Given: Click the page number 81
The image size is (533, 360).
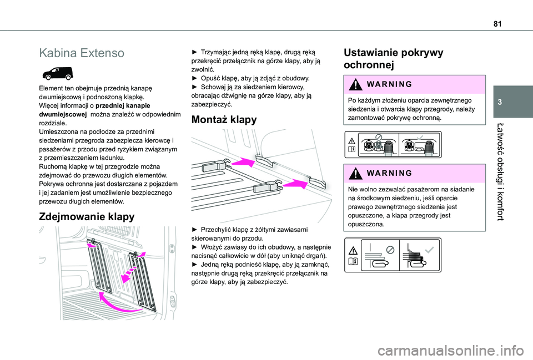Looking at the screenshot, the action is pos(497,24).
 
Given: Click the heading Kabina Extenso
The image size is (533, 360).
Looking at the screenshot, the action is pos(82,53).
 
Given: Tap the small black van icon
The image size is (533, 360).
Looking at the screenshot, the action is pos(58,73).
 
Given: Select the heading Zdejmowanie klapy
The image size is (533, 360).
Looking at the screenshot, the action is pos(87,217).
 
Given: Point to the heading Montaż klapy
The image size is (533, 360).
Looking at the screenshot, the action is pos(224,120).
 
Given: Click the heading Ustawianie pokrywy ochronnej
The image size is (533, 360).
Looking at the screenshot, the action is pos(393,58).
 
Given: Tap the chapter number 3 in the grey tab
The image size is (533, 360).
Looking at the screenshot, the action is pos(500,102).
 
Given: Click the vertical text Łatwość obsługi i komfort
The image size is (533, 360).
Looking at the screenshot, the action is pos(500,172).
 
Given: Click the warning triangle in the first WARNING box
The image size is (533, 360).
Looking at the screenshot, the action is pos(355,84).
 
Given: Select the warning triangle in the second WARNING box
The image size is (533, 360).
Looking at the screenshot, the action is pos(355,173).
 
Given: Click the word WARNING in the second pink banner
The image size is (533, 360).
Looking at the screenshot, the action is pos(390,173).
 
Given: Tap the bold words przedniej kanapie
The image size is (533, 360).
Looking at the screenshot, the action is pos(123,105).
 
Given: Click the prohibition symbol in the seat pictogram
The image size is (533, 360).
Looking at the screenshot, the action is pos(378,137).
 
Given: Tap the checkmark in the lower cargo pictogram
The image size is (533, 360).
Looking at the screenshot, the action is pos(429,250).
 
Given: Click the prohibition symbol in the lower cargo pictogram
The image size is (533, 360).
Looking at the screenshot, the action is pos(390,250).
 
